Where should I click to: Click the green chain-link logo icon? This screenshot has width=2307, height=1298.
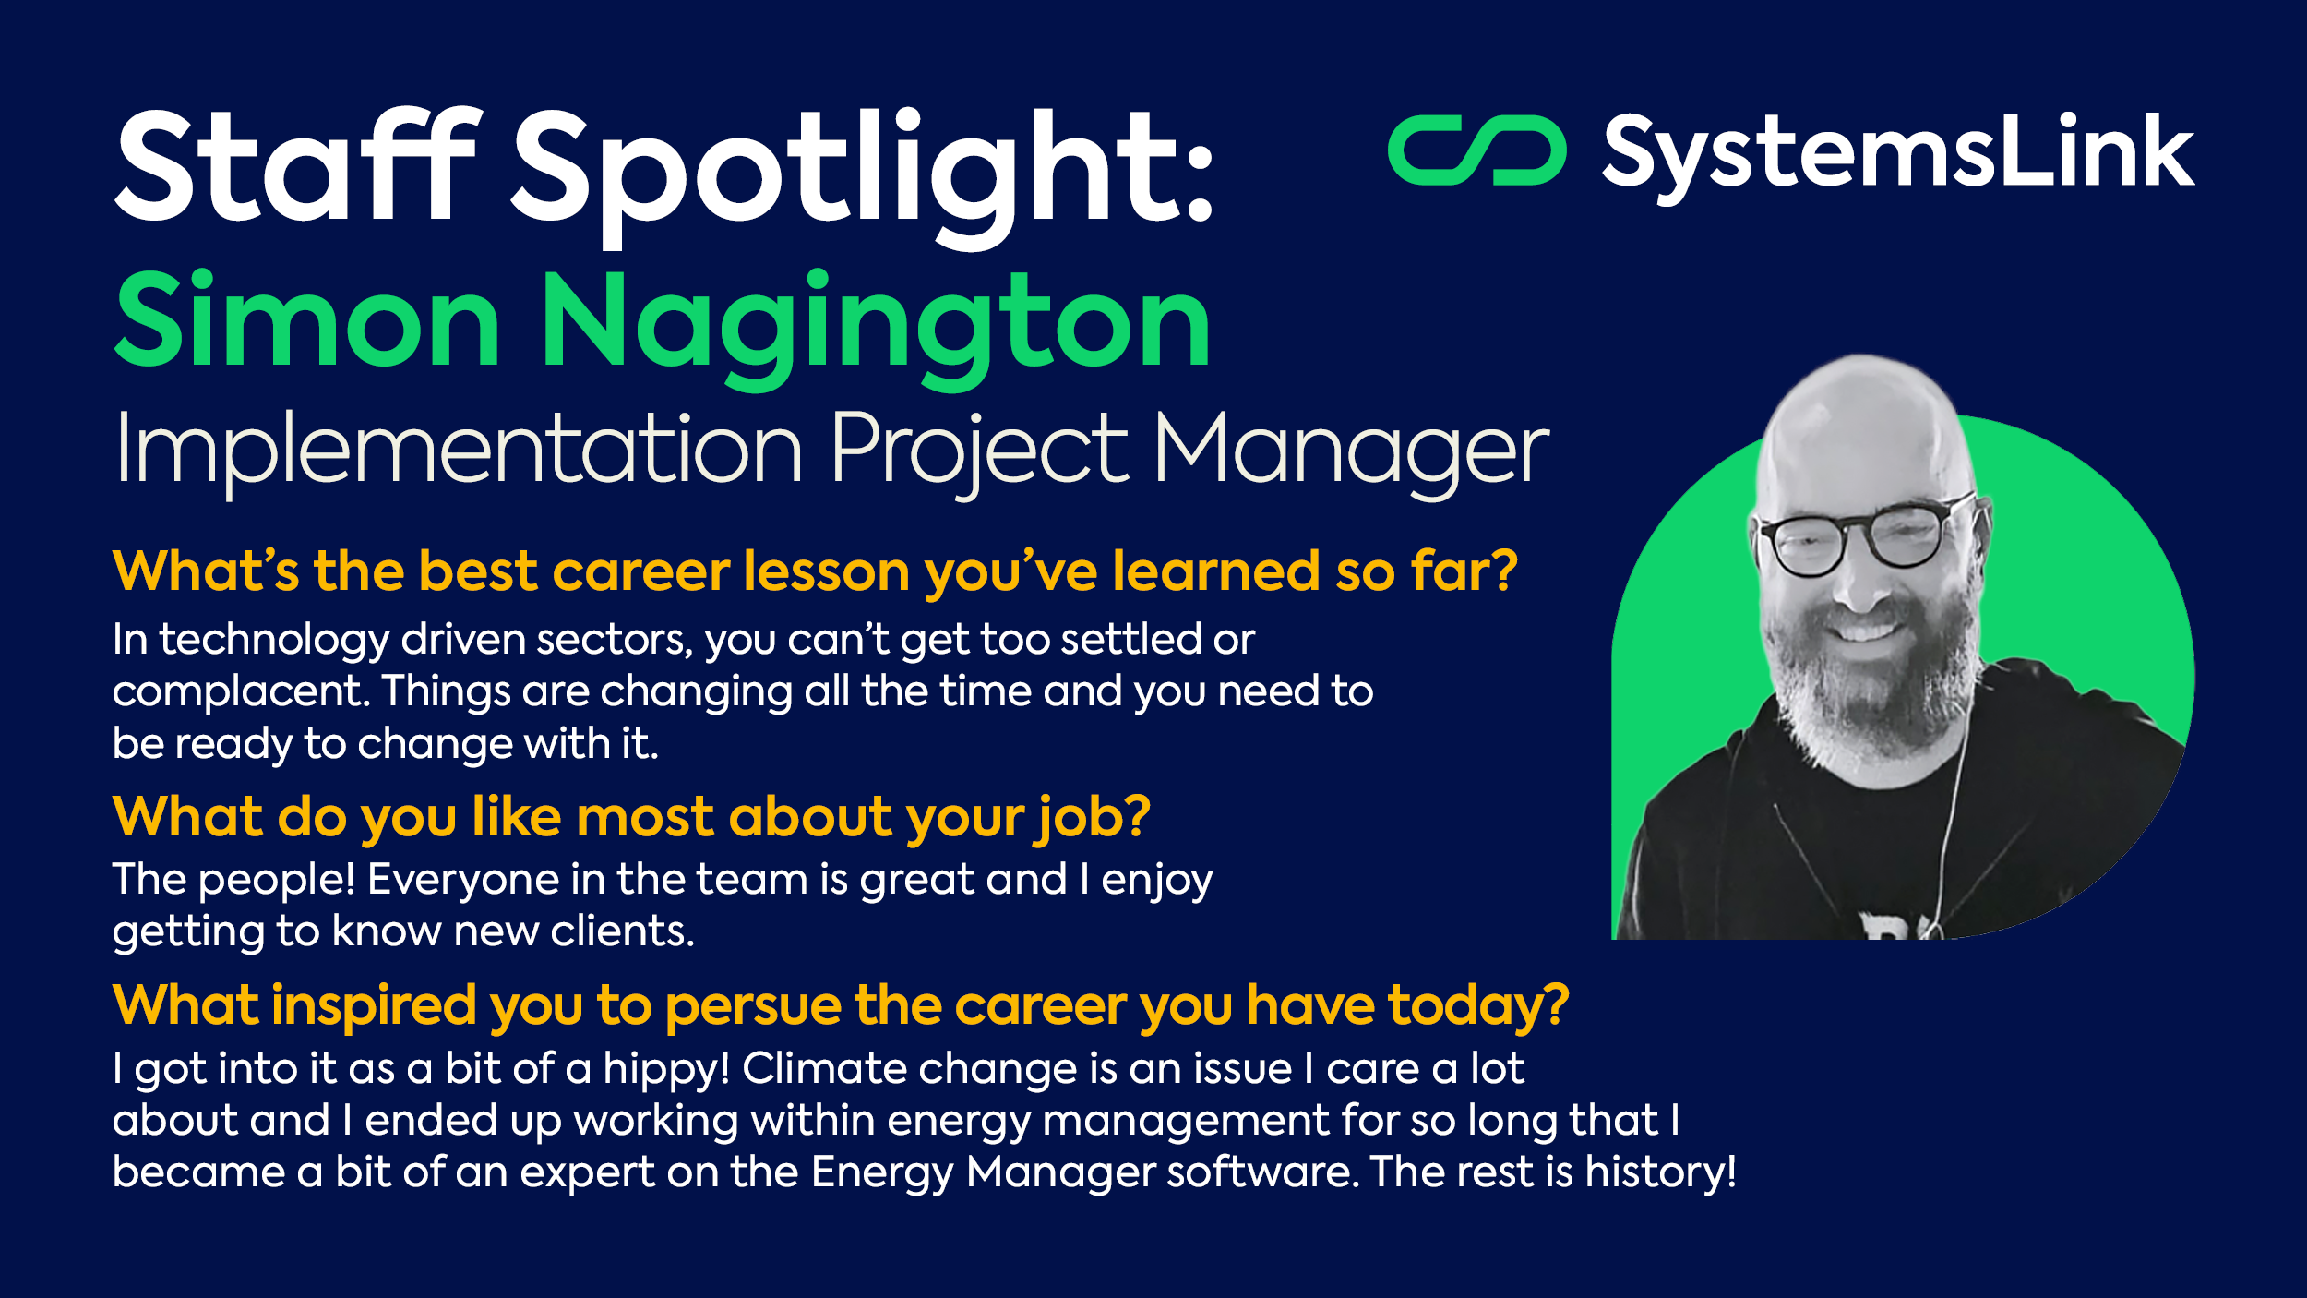(1476, 150)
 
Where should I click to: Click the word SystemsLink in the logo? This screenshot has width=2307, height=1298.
(1897, 153)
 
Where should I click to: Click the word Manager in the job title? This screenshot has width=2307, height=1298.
(1351, 450)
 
